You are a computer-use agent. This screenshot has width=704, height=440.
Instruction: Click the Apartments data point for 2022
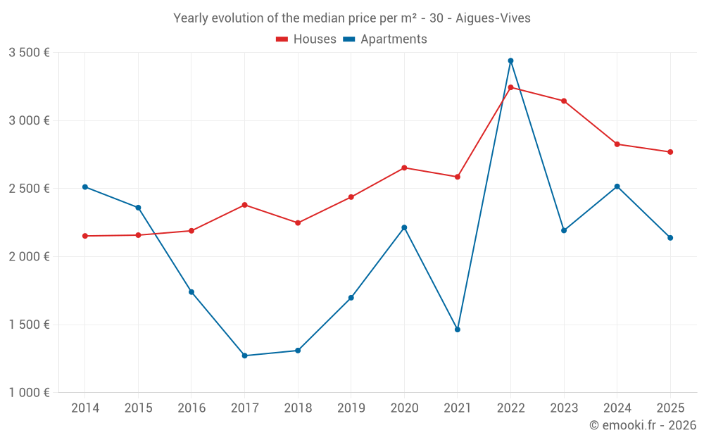click(510, 61)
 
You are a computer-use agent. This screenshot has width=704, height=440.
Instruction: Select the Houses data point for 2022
click(510, 87)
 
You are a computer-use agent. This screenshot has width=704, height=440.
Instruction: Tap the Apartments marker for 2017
click(244, 356)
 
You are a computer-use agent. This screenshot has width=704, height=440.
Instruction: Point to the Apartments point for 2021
click(458, 329)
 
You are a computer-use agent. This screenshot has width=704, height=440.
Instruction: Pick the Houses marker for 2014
click(85, 236)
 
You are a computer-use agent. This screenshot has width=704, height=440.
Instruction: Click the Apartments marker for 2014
click(85, 187)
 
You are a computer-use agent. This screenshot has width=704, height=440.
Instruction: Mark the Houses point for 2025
click(670, 152)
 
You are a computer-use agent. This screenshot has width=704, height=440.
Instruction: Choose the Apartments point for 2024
click(617, 187)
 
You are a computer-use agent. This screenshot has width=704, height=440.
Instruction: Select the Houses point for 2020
click(404, 168)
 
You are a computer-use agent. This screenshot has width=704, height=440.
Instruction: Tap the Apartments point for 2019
click(351, 298)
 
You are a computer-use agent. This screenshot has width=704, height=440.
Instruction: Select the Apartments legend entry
click(385, 39)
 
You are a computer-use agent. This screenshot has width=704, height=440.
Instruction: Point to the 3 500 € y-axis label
click(29, 52)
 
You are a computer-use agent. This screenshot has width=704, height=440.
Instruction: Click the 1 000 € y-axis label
click(29, 393)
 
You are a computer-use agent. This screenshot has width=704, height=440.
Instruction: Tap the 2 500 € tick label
click(29, 189)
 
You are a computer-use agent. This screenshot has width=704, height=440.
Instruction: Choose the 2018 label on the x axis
click(298, 408)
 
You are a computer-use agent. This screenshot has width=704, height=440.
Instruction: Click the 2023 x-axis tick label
click(564, 408)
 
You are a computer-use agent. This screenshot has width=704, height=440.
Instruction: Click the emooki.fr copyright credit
click(642, 425)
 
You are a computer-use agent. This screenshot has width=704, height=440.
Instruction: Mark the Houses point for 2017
click(244, 205)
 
